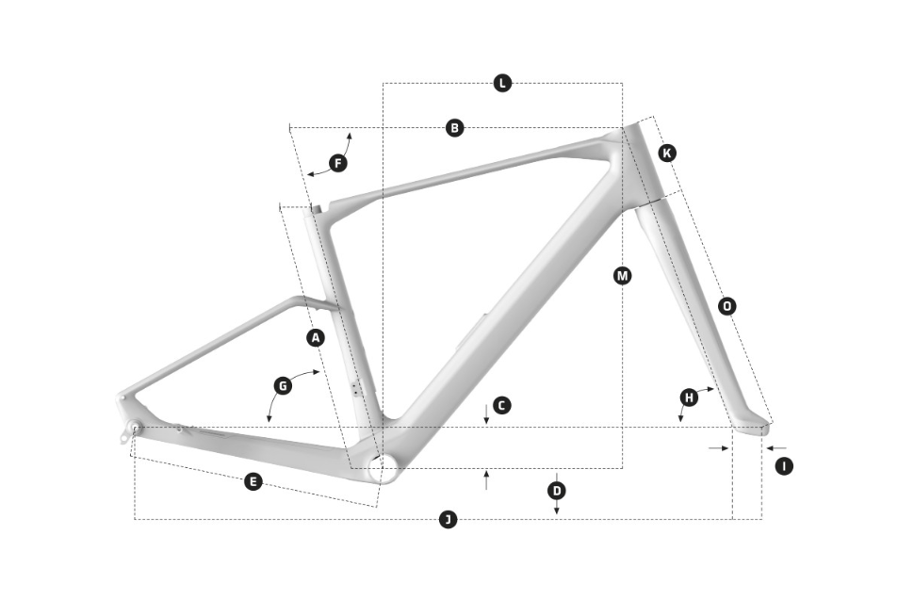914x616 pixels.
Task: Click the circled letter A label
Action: coord(316,337)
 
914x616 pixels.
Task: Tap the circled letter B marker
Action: coord(455,128)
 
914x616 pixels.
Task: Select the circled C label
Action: coord(502,405)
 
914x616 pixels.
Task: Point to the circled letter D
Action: coord(557,491)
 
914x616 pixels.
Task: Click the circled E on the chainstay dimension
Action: coord(253,481)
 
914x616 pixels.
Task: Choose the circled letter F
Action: coord(338,163)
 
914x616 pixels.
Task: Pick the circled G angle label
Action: coord(283,385)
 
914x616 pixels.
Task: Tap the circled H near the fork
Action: coord(690,397)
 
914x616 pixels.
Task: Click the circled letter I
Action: coord(784,465)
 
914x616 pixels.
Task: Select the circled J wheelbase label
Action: coord(448,519)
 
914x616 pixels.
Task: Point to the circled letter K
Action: coord(667,153)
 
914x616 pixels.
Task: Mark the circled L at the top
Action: coord(502,83)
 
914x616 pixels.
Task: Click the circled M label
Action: coord(623,275)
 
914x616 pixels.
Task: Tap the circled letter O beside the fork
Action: coord(726,306)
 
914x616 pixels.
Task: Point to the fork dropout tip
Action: coord(765,429)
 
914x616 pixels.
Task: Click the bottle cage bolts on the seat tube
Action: coord(356,389)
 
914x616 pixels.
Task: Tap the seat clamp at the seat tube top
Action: coord(315,209)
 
